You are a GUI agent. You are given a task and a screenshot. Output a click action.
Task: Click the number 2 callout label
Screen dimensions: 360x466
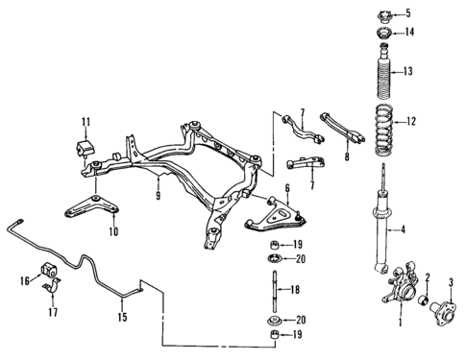[x=426, y=278]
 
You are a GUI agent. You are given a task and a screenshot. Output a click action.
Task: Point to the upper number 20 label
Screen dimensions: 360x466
[x=301, y=259]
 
